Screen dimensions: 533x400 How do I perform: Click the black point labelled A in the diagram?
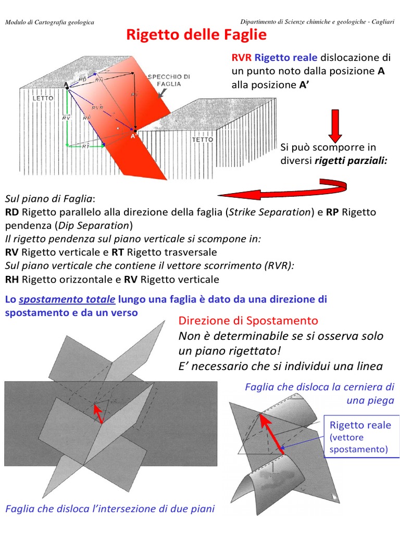pyautogui.click(x=68, y=89)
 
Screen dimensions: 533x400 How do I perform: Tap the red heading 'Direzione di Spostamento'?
pyautogui.click(x=248, y=320)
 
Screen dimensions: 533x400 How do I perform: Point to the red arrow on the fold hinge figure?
pyautogui.click(x=271, y=432)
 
